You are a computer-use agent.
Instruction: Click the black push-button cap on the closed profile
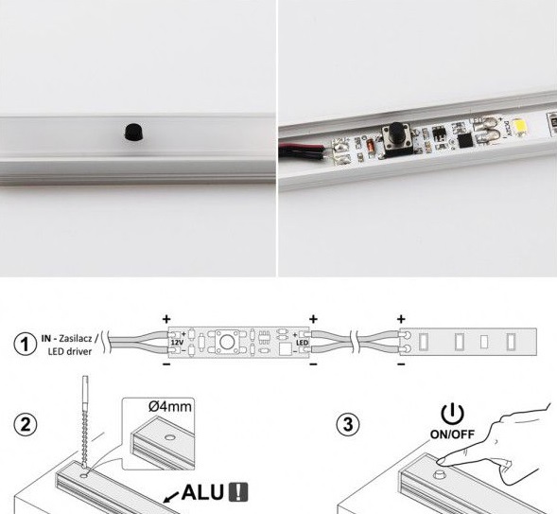click(133, 132)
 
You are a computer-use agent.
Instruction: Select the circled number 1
click(25, 345)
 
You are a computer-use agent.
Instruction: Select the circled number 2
click(26, 424)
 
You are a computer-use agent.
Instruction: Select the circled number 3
click(348, 424)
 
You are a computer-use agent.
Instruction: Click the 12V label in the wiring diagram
click(177, 343)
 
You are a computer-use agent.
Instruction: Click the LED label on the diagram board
click(303, 343)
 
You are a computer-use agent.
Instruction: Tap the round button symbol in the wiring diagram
click(226, 342)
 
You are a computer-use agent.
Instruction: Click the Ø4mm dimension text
click(170, 406)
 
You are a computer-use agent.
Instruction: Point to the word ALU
click(202, 492)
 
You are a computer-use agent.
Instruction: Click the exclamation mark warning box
click(238, 492)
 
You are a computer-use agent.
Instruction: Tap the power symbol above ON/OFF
click(452, 414)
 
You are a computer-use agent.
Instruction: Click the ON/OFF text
click(452, 434)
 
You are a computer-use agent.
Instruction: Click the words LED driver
click(70, 351)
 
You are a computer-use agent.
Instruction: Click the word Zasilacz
click(76, 338)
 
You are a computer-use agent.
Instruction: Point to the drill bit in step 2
click(85, 423)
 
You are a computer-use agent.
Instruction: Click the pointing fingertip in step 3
click(442, 461)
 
